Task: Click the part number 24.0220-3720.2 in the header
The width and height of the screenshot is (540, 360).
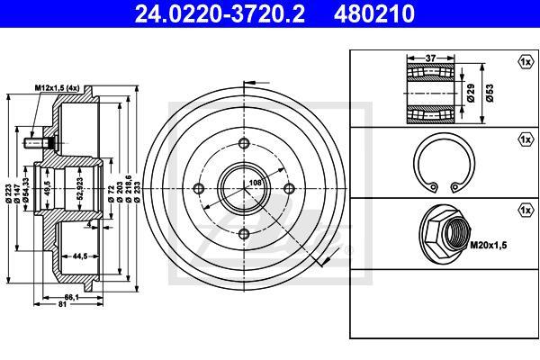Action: (x=220, y=13)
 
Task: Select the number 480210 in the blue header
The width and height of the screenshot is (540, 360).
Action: (x=374, y=13)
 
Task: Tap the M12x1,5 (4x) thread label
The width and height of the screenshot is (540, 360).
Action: (x=57, y=88)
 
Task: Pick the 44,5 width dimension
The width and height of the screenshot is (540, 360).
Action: (x=79, y=256)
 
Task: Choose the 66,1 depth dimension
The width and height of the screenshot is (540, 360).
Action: (x=72, y=297)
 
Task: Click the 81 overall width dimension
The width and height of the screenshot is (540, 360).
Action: (x=62, y=304)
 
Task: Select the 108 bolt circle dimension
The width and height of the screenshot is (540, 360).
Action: (x=256, y=183)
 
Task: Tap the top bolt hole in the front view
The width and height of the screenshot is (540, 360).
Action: (x=244, y=143)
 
